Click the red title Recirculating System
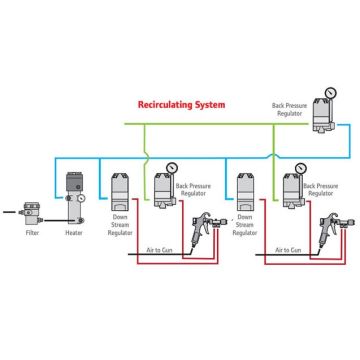(181, 104)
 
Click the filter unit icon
(31, 211)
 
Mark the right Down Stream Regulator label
(244, 232)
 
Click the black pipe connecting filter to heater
(51, 213)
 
